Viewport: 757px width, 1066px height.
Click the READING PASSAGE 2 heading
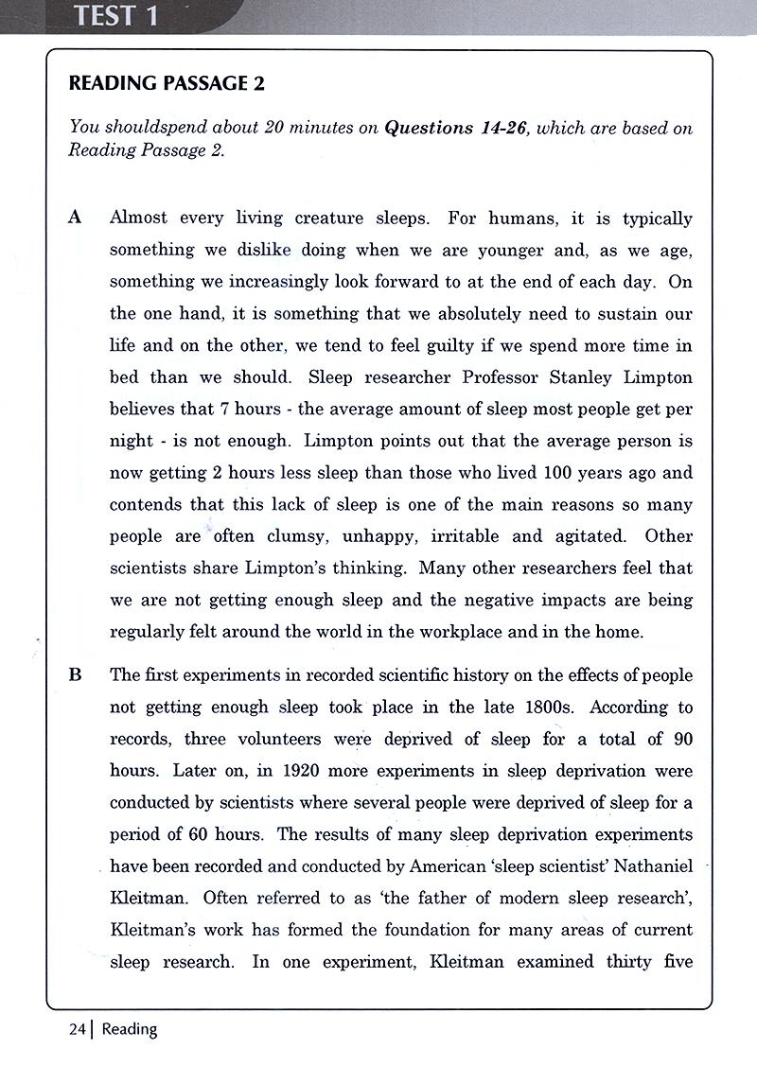(167, 83)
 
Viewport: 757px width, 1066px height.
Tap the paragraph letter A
(76, 218)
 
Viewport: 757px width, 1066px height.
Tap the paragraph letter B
(76, 675)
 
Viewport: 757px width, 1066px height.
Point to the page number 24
(78, 1029)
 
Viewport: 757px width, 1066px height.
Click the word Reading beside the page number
(130, 1029)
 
